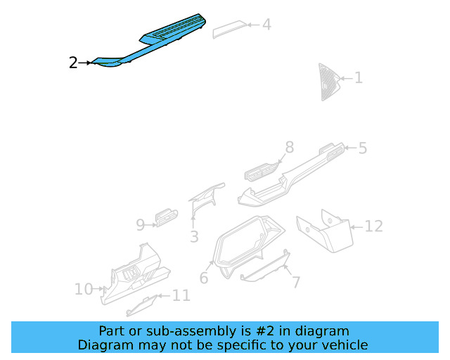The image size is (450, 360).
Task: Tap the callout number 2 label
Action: click(73, 63)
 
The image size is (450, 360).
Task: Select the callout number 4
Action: click(266, 25)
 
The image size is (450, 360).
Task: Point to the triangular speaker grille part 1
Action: click(328, 81)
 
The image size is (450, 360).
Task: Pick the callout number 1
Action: click(358, 77)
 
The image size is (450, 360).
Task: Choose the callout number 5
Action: click(362, 148)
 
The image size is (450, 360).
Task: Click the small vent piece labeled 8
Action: click(261, 172)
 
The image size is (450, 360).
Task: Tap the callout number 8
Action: click(288, 147)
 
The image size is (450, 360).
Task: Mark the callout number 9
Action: click(140, 225)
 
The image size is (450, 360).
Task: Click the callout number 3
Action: click(194, 237)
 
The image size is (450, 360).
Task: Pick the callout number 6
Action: click(204, 278)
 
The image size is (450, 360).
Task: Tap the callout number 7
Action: click(296, 283)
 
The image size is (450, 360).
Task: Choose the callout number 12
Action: click(373, 226)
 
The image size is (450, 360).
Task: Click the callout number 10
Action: click(83, 289)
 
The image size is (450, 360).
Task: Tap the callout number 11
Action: click(181, 295)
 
